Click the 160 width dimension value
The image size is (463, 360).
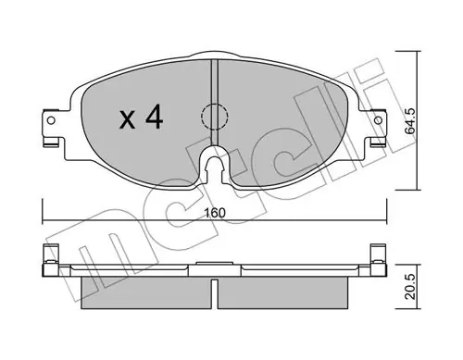(x=215, y=213)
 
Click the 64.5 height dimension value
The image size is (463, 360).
(x=410, y=121)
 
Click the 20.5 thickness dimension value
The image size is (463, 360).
(x=410, y=287)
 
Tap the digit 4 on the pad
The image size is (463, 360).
(x=154, y=117)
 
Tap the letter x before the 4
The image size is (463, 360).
(x=128, y=120)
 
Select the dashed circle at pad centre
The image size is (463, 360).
(x=215, y=117)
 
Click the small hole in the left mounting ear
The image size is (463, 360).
(x=51, y=120)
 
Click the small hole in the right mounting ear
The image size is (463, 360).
(x=378, y=120)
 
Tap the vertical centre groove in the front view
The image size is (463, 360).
(x=215, y=102)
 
